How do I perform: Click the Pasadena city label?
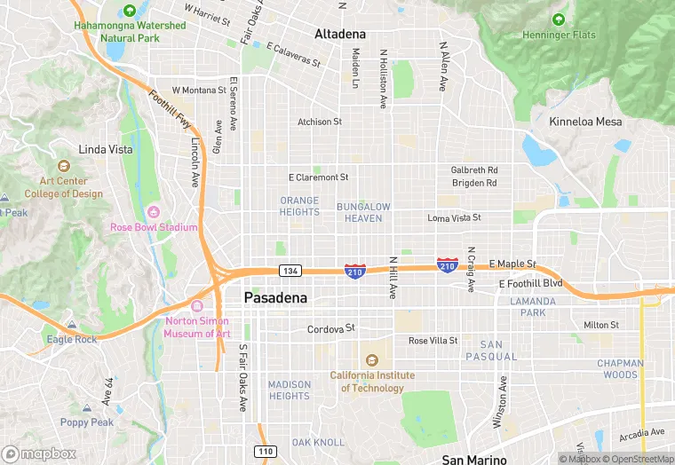(x=275, y=298)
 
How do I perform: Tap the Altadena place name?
(x=339, y=34)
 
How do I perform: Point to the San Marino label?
(x=474, y=459)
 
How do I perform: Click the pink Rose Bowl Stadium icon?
(x=154, y=211)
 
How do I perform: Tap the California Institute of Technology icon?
(x=372, y=359)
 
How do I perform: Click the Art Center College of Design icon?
(x=63, y=166)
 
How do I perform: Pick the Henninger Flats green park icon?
(x=558, y=20)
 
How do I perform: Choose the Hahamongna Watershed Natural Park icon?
(x=131, y=11)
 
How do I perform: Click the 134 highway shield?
(x=289, y=271)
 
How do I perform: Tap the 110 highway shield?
(x=266, y=452)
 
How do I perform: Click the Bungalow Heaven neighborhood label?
(x=363, y=212)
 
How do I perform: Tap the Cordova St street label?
(x=330, y=329)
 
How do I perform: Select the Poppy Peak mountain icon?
(x=87, y=407)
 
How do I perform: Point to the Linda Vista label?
(x=105, y=149)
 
